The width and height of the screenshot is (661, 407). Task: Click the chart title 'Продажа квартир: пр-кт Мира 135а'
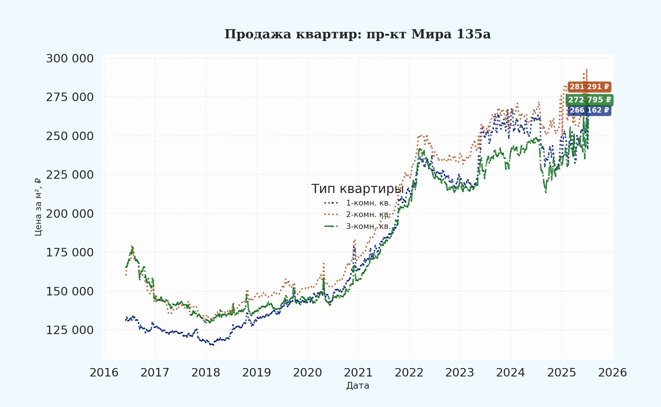click(x=357, y=34)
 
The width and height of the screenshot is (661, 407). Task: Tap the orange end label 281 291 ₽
click(x=589, y=87)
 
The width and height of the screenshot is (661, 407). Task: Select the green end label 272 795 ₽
click(x=589, y=100)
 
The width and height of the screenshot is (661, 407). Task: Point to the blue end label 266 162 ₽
click(x=589, y=111)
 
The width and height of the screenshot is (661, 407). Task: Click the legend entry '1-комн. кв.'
click(x=368, y=203)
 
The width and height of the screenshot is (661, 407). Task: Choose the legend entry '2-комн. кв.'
click(x=368, y=215)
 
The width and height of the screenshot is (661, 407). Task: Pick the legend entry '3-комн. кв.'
click(x=368, y=226)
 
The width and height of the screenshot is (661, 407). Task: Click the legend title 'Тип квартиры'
click(x=357, y=189)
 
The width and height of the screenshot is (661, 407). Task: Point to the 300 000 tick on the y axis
click(x=70, y=58)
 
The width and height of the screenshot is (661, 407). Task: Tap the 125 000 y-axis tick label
click(x=70, y=330)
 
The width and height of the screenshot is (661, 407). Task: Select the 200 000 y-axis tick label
click(x=70, y=214)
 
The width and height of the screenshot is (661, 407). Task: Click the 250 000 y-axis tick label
click(x=70, y=136)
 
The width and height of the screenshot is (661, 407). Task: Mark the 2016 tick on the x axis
click(x=104, y=373)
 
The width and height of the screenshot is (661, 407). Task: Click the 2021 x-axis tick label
click(x=358, y=373)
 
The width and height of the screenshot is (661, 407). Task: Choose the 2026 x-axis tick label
click(x=613, y=373)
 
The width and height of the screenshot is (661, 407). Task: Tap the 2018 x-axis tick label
click(x=206, y=373)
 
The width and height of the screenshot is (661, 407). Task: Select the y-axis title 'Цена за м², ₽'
click(x=38, y=207)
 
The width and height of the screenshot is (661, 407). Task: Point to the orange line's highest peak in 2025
click(x=586, y=70)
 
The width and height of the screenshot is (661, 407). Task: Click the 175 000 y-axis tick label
click(x=70, y=253)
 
